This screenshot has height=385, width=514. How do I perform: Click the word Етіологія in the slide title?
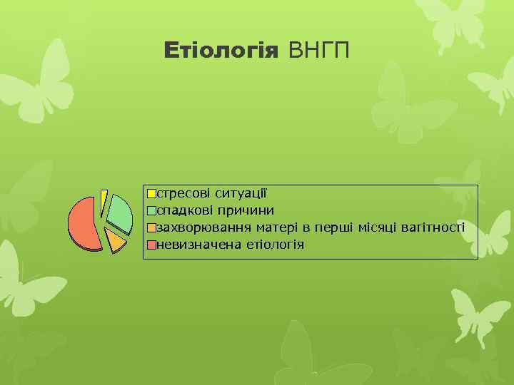[x=221, y=51]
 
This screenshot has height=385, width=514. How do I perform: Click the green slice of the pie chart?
[x=121, y=214]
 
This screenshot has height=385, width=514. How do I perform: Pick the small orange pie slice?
[x=116, y=241]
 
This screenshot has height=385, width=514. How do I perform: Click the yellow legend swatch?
[x=151, y=193]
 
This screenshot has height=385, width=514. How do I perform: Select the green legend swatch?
[x=151, y=210]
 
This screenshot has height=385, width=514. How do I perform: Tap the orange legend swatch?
[x=151, y=228]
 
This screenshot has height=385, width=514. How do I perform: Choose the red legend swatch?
[x=151, y=245]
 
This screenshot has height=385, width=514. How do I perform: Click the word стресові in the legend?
[x=183, y=193]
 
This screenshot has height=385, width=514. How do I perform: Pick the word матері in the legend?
[x=273, y=228]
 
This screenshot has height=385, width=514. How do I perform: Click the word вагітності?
[x=434, y=228]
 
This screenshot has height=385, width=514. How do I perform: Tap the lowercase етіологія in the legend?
[x=275, y=245]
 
